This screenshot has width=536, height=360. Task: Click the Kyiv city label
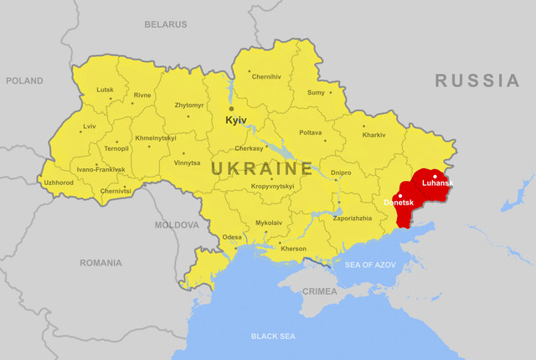pos(236,121)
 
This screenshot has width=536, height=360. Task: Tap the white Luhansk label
pos(437,183)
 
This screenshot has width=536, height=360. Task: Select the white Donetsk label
pos(399,203)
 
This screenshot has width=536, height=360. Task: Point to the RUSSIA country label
pos(477,80)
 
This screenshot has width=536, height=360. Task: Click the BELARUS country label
pos(165,24)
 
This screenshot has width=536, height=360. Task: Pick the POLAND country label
pos(24,80)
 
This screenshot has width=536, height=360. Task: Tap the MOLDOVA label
pos(177,224)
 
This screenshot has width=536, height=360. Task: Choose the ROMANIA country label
pos(100,263)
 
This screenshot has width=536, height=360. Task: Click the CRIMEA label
pos(319,291)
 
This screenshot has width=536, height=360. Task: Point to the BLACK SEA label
pos(273,336)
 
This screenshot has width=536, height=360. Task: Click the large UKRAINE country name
pos(261,168)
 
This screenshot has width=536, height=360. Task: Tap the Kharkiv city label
pos(374,135)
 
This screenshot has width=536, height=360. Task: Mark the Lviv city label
pos(89,126)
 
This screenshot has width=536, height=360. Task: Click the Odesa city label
pos(232,237)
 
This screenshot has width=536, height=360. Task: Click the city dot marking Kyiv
pos(232,108)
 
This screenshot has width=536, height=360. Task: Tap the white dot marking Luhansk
pos(434,176)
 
